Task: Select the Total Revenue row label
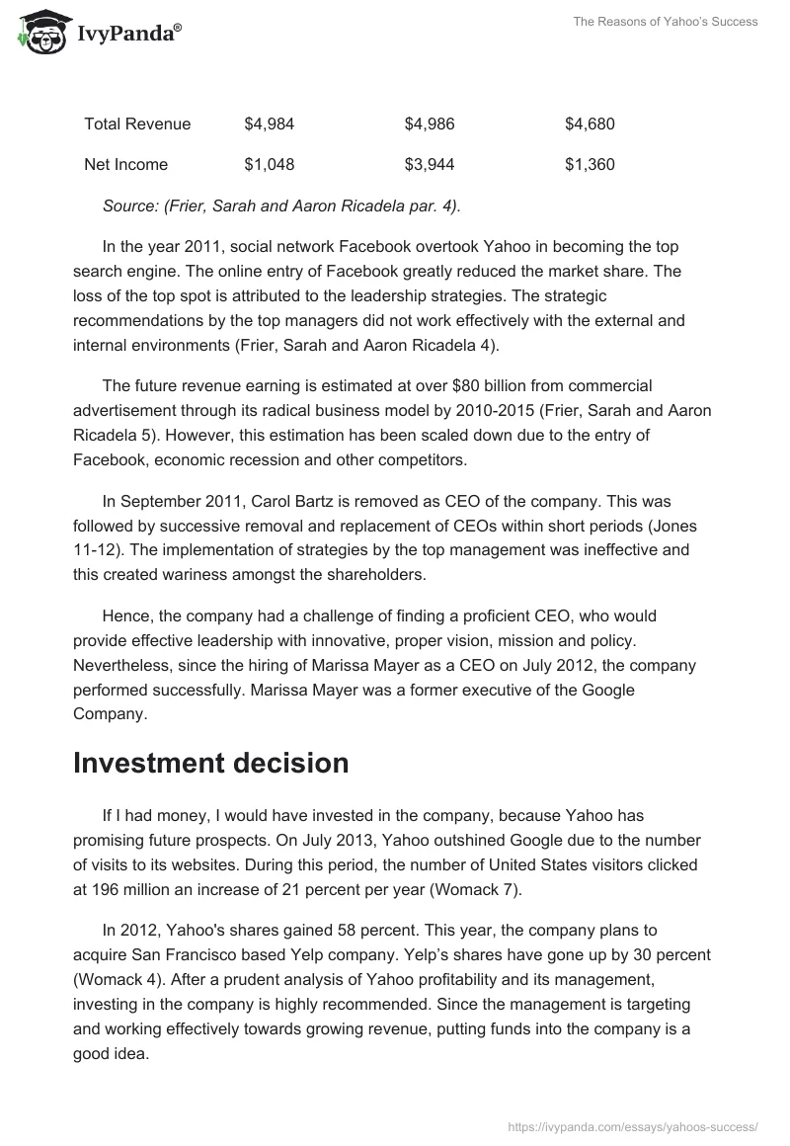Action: click(137, 123)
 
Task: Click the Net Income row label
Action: click(125, 164)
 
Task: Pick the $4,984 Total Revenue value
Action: click(269, 123)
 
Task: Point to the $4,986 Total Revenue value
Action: click(430, 123)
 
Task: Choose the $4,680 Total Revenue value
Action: click(590, 123)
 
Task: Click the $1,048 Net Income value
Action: click(269, 164)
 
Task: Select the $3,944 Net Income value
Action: click(430, 164)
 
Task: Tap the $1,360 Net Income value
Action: click(590, 164)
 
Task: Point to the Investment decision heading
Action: click(210, 763)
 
